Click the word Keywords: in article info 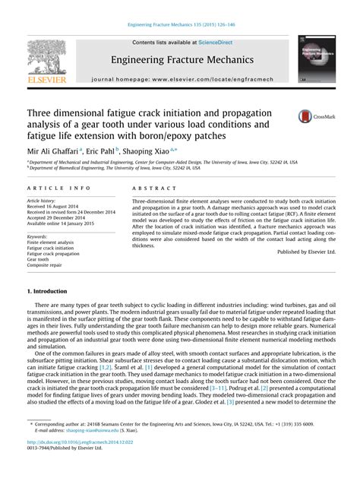(x=40, y=237)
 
